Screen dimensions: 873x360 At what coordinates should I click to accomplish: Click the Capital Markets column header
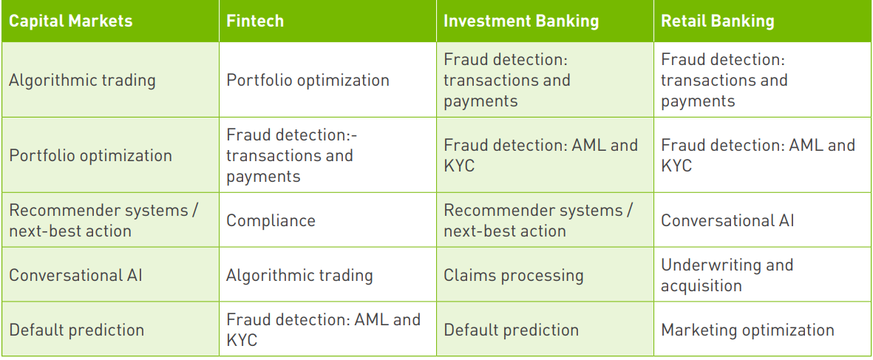point(71,21)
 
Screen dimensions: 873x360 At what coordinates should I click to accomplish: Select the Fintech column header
point(255,21)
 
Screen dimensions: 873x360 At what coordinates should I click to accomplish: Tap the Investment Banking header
point(521,21)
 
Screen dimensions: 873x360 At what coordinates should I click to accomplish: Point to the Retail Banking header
point(718,21)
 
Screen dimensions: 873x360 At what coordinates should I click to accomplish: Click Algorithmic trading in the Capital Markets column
point(82,80)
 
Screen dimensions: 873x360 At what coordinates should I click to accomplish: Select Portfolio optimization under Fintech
point(308,80)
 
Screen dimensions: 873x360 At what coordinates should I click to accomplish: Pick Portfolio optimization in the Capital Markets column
point(91,155)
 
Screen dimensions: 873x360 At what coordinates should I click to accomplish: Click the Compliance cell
point(271,220)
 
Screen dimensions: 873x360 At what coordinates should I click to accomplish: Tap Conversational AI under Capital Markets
point(75,275)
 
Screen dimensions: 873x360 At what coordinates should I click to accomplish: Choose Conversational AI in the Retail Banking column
point(727,220)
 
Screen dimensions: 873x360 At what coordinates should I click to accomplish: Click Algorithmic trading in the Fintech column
point(299,275)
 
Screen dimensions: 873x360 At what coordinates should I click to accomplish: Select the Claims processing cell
point(513,275)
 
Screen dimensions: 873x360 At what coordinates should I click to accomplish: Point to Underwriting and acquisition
point(727,275)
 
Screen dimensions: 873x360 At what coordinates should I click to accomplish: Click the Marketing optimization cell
point(748,330)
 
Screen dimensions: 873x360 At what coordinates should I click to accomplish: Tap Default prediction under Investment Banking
point(511,330)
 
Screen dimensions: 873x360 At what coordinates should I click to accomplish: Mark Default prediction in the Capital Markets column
point(77,330)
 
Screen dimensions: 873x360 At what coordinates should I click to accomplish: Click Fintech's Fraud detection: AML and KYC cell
point(324,330)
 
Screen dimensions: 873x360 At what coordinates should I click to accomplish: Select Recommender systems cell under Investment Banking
point(538,220)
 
